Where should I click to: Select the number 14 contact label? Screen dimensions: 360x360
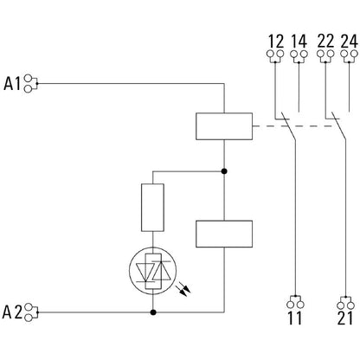pos(299,42)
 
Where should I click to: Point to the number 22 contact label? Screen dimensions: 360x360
pos(327,42)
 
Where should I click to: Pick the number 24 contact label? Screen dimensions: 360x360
pos(350,42)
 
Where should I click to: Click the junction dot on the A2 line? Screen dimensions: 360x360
pos(154,311)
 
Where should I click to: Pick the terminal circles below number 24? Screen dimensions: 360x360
pos(350,57)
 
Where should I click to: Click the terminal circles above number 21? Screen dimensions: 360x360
pos(345,303)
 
